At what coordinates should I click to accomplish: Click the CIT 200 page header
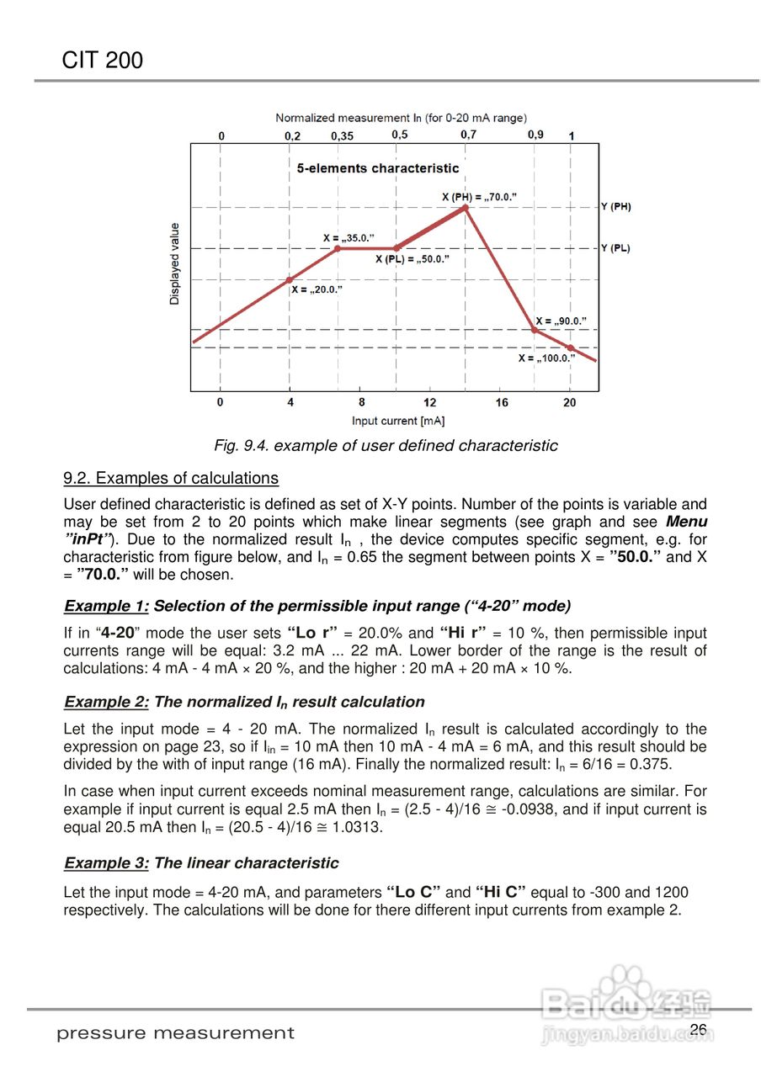[x=103, y=61]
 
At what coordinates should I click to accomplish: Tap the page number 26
[x=698, y=1030]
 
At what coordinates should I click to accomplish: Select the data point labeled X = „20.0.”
[x=290, y=280]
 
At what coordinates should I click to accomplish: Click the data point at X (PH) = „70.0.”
[x=465, y=207]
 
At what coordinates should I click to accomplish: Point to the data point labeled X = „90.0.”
[x=535, y=330]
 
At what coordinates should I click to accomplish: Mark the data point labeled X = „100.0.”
[x=570, y=348]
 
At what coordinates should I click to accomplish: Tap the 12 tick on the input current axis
[x=430, y=403]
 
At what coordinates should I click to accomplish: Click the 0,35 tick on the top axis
[x=342, y=135]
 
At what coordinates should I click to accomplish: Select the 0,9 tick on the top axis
[x=535, y=135]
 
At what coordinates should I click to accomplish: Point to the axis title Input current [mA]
[x=398, y=420]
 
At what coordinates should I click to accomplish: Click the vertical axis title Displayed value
[x=175, y=263]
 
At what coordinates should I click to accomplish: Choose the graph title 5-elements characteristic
[x=378, y=168]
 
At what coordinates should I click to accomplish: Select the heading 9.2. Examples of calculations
[x=171, y=479]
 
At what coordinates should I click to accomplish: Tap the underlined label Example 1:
[x=107, y=606]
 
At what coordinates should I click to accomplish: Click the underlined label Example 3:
[x=107, y=863]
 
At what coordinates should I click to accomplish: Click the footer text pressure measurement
[x=176, y=1033]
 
